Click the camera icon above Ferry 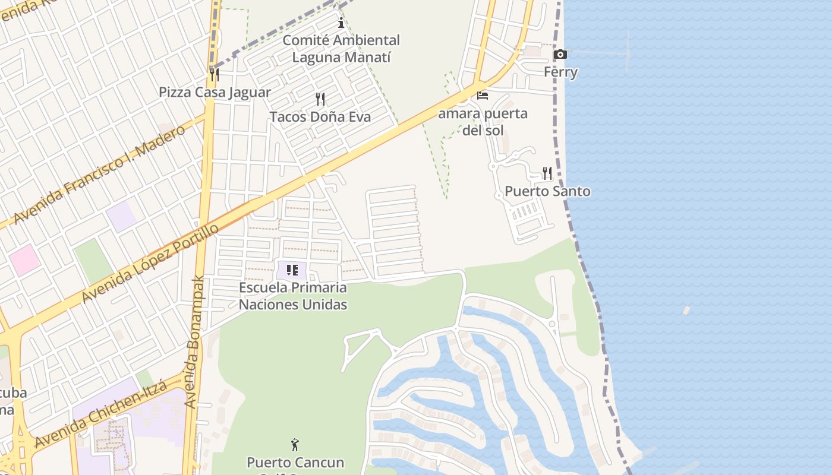tap(560, 55)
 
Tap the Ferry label tap(560, 72)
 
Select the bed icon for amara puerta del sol tap(483, 95)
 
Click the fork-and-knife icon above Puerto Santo tap(547, 173)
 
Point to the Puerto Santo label tap(547, 191)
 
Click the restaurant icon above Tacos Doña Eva tap(320, 99)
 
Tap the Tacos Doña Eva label tap(320, 117)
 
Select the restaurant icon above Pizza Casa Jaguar tap(215, 75)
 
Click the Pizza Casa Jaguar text tap(215, 93)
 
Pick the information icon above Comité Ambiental tap(341, 23)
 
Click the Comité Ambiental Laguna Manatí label tap(341, 49)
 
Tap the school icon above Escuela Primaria tap(292, 271)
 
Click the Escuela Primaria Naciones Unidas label tap(293, 296)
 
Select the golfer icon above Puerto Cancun tap(295, 444)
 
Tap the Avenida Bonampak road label tap(194, 341)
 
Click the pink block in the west tap(24, 260)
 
